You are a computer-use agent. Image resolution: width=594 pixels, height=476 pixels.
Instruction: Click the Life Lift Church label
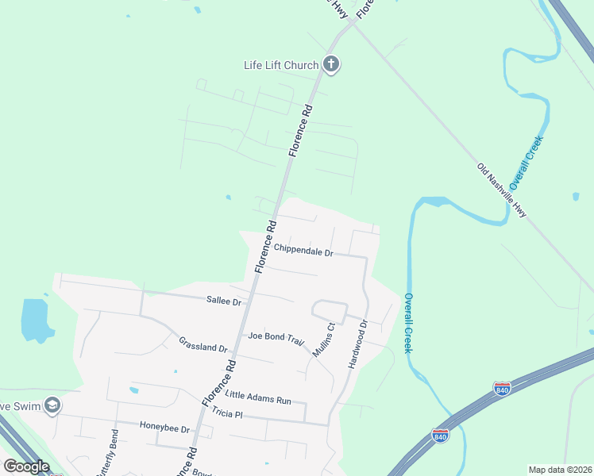click(280, 65)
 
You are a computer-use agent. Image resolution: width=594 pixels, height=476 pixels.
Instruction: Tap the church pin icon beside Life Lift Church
click(332, 65)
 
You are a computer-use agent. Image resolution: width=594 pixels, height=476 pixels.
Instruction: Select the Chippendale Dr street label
click(303, 251)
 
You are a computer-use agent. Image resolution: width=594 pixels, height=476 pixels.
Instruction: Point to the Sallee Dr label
click(223, 301)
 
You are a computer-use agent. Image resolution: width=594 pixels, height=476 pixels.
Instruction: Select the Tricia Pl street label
click(233, 415)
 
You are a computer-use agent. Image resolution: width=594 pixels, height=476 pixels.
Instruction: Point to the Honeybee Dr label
click(165, 428)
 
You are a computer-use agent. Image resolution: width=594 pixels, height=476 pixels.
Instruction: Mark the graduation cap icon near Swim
click(52, 405)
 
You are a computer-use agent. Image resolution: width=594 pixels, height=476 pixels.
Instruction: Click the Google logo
click(26, 466)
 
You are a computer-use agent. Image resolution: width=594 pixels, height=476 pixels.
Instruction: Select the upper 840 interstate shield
click(502, 389)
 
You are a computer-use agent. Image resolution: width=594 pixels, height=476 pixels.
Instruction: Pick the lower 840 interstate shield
click(440, 436)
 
